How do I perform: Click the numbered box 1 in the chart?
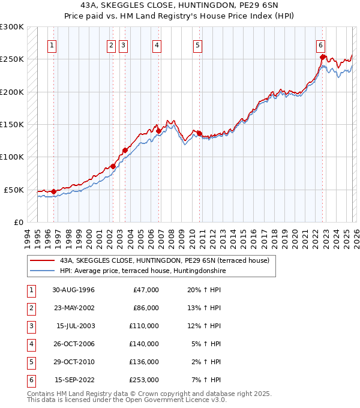pyautogui.click(x=53, y=45)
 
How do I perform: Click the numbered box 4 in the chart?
pyautogui.click(x=157, y=45)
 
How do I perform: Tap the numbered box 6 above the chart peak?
pyautogui.click(x=321, y=45)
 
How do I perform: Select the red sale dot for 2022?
pyautogui.click(x=323, y=58)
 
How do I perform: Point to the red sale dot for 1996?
pyautogui.click(x=53, y=191)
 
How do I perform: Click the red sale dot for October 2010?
pyautogui.click(x=199, y=133)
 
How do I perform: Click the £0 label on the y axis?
pyautogui.click(x=18, y=222)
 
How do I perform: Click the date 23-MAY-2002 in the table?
pyautogui.click(x=73, y=308)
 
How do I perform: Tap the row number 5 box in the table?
pyautogui.click(x=31, y=362)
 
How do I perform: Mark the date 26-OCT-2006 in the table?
pyautogui.click(x=73, y=344)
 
